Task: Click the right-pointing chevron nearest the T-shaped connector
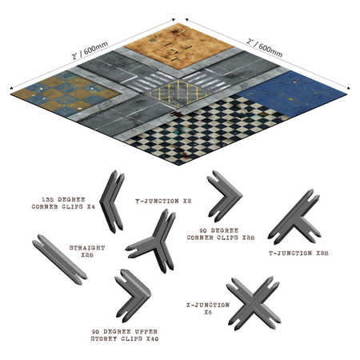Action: (225, 194)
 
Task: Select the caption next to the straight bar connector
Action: (87, 250)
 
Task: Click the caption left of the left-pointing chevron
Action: (63, 202)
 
